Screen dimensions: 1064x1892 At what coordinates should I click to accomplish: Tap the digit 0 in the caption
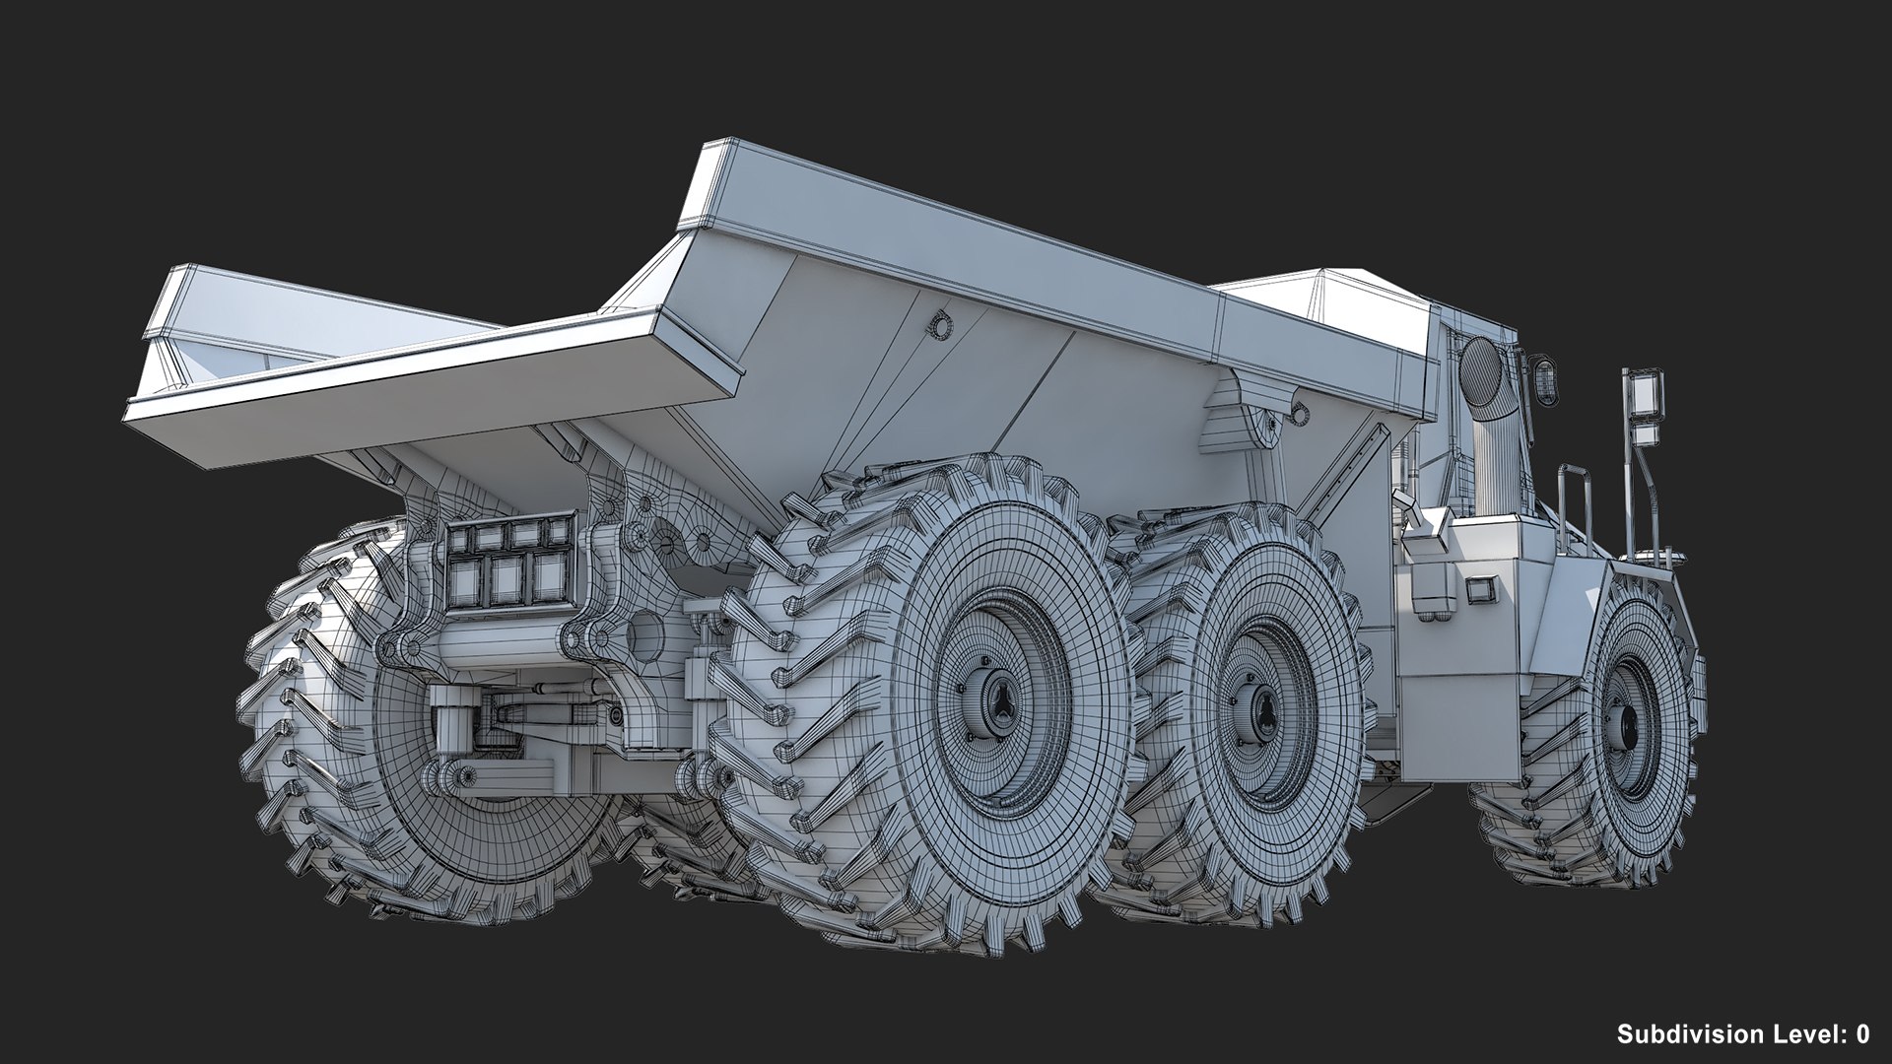(1862, 1033)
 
